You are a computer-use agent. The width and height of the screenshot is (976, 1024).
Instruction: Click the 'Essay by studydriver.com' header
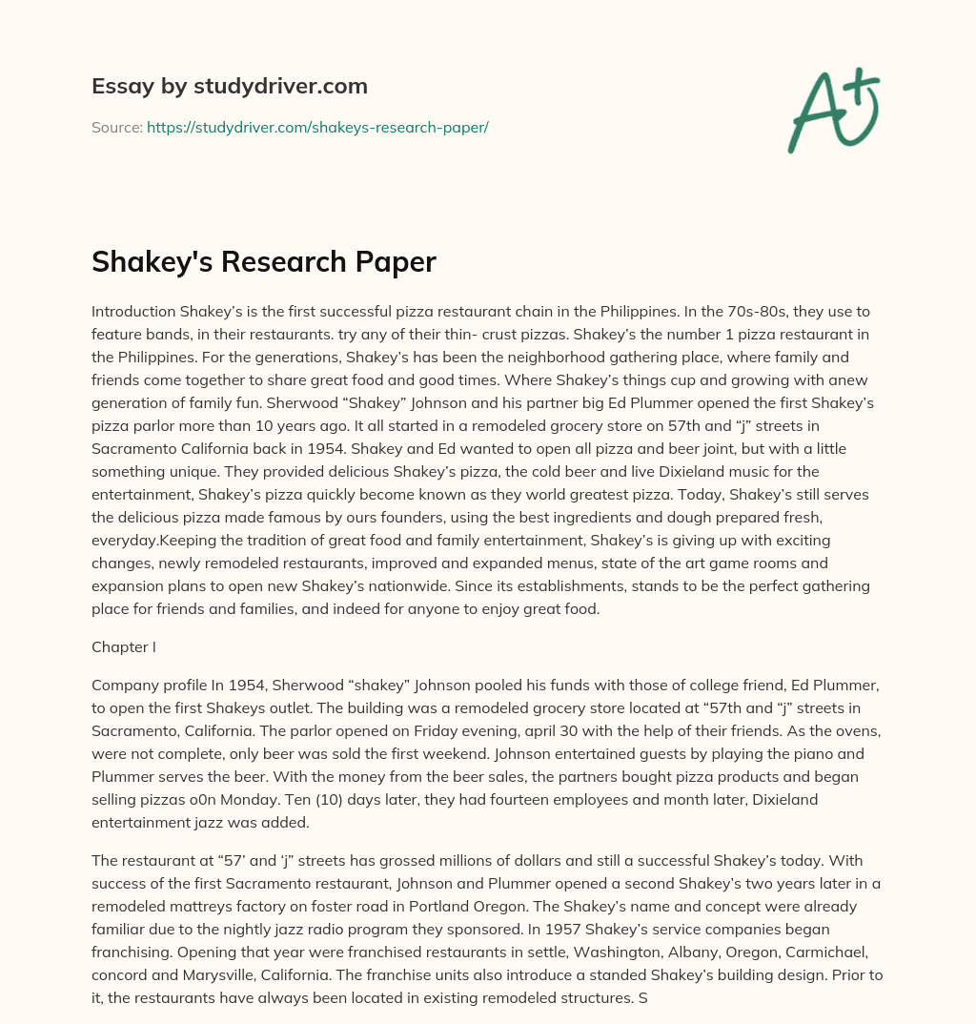point(229,86)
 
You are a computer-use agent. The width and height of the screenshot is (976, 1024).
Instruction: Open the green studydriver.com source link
point(317,127)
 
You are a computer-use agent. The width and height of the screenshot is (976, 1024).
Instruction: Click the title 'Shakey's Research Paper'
point(263,262)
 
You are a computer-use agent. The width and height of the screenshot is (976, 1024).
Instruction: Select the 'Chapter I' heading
point(123,647)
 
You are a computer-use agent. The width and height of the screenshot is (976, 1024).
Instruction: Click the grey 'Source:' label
point(116,127)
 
